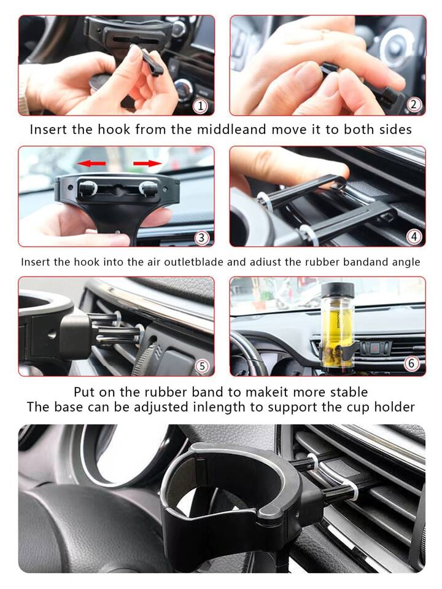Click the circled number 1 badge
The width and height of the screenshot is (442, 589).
click(200, 106)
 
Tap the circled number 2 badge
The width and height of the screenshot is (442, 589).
click(414, 104)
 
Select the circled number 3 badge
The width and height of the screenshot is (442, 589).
click(201, 238)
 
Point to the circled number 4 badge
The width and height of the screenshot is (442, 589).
click(414, 236)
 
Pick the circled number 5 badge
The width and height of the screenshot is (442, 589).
click(202, 366)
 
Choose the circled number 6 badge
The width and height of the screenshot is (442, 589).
click(411, 363)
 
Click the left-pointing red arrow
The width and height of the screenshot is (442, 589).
click(91, 163)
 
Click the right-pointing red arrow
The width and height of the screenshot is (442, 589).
click(147, 163)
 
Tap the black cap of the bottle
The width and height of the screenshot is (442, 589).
click(338, 289)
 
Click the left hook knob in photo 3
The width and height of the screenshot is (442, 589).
click(88, 188)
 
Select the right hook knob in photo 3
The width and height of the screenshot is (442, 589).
click(148, 188)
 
